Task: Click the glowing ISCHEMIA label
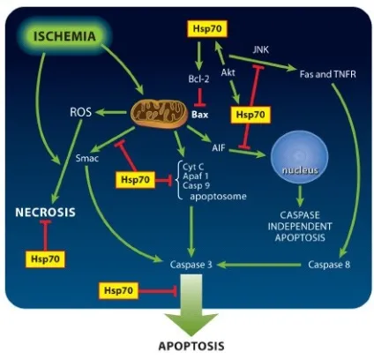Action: click(64, 36)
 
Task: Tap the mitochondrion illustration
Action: click(159, 114)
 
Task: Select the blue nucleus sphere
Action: click(300, 157)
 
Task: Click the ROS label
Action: click(80, 112)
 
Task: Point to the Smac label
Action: click(87, 158)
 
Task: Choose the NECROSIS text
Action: click(45, 212)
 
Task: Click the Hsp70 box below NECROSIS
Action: click(45, 259)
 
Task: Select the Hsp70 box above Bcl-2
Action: click(207, 29)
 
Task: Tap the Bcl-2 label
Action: click(198, 79)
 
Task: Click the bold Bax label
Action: click(200, 115)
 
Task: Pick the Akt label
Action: click(228, 72)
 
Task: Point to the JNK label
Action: click(261, 49)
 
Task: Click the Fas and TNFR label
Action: click(328, 74)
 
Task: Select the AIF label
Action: click(219, 147)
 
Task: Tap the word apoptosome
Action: click(218, 196)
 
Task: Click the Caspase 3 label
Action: click(191, 265)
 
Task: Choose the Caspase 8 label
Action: click(329, 265)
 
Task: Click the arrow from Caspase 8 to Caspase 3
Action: click(259, 265)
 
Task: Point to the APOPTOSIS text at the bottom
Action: click(191, 346)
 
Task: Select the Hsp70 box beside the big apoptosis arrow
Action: click(118, 290)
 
